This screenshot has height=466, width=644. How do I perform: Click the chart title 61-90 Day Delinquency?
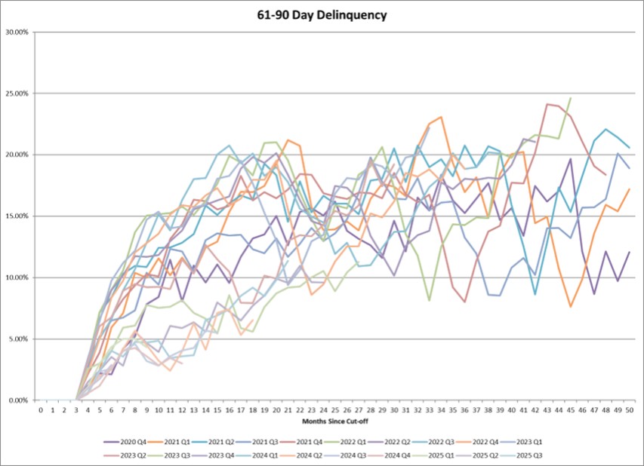[322, 14]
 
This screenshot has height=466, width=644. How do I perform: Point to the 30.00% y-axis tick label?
[17, 32]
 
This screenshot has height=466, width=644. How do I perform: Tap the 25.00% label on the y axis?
[17, 94]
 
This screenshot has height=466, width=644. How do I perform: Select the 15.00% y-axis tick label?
[17, 216]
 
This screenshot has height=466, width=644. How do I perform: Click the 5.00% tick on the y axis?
[18, 339]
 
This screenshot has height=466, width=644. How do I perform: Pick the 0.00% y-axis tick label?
[18, 400]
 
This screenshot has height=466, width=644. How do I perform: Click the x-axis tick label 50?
[630, 409]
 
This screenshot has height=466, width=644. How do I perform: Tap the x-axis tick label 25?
[335, 409]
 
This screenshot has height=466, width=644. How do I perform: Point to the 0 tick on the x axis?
[41, 409]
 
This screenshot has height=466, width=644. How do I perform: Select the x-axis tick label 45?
[571, 409]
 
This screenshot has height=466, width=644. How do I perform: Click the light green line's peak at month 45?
[571, 98]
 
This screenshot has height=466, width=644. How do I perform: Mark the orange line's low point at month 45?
[571, 306]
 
